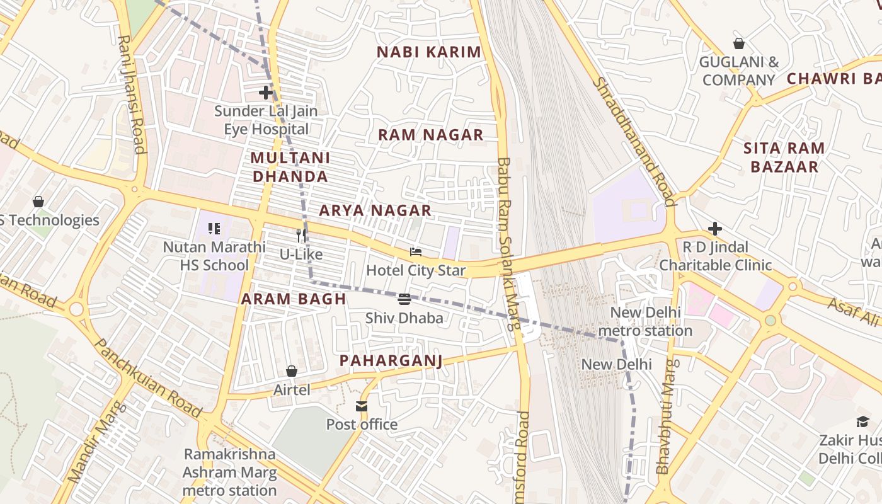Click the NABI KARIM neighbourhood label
429,52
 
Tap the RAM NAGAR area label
431,134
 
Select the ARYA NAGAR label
375,210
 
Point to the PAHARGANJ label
391,360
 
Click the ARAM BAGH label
294,299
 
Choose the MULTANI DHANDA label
290,167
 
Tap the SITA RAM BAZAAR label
784,157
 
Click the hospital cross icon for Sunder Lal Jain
266,93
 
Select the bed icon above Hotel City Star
416,252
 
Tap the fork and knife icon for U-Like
301,236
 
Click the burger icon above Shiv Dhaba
404,299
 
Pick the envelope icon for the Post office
362,406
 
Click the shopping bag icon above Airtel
292,371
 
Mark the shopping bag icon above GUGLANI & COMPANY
739,43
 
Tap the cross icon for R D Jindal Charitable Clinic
715,228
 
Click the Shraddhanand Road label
634,142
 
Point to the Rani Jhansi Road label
132,94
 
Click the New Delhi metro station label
645,321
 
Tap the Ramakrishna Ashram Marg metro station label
229,472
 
